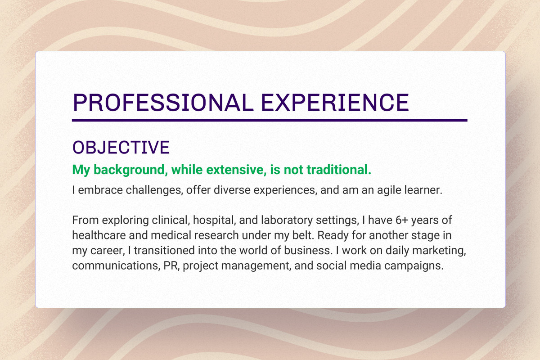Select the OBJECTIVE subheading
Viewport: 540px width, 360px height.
pyautogui.click(x=121, y=148)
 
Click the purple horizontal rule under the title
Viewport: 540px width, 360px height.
pyautogui.click(x=270, y=121)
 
